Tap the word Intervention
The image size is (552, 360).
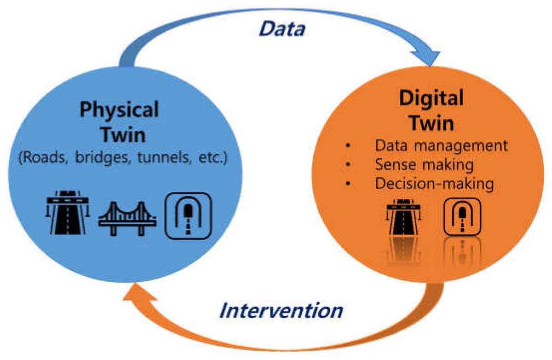(x=282, y=310)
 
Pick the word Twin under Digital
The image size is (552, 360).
(x=432, y=123)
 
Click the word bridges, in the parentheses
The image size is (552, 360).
(x=103, y=157)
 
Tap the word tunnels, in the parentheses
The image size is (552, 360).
(x=165, y=157)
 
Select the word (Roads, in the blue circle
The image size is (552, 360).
(x=43, y=158)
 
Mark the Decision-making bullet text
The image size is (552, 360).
(x=434, y=184)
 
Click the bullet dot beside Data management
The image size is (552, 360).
(x=348, y=146)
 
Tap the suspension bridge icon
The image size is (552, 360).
(x=127, y=219)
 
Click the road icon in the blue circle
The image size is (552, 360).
(x=68, y=212)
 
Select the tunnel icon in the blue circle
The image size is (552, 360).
(x=188, y=216)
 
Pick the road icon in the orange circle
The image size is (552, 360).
(x=404, y=216)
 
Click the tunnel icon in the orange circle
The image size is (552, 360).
(x=463, y=217)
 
